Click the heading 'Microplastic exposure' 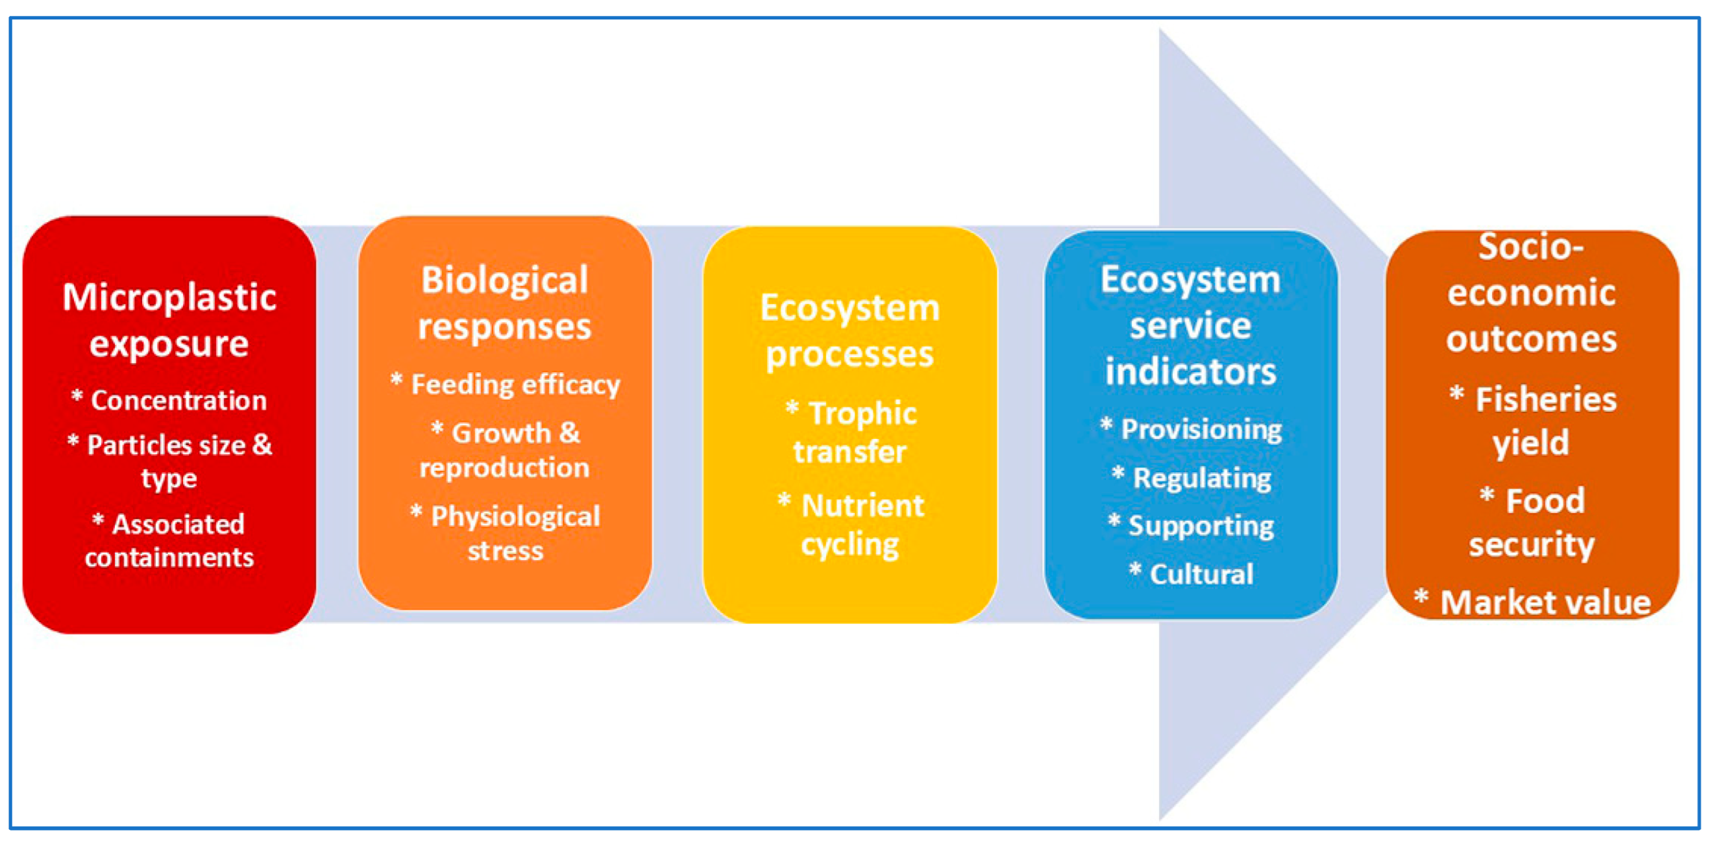tap(169, 320)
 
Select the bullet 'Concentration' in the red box tap(169, 400)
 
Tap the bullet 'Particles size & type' tap(169, 460)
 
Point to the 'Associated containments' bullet tap(169, 540)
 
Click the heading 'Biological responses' tap(504, 304)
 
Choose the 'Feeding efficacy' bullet tap(505, 384)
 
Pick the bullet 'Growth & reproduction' tap(504, 450)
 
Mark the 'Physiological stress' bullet tap(505, 533)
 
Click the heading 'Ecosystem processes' tap(850, 331)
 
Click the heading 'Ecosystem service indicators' tap(1190, 325)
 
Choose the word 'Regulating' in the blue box tap(1203, 478)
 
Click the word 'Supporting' tap(1201, 526)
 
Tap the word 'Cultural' tap(1202, 573)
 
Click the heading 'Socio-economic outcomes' tap(1531, 293)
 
